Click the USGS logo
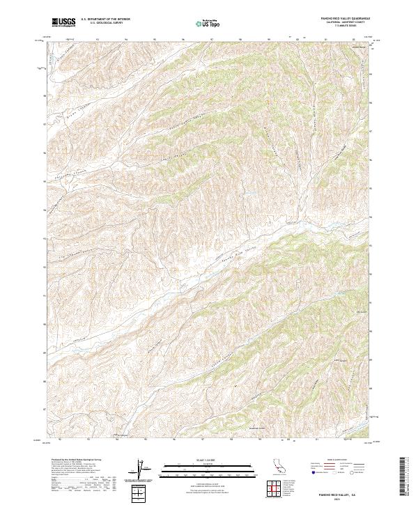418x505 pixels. pyautogui.click(x=64, y=22)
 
